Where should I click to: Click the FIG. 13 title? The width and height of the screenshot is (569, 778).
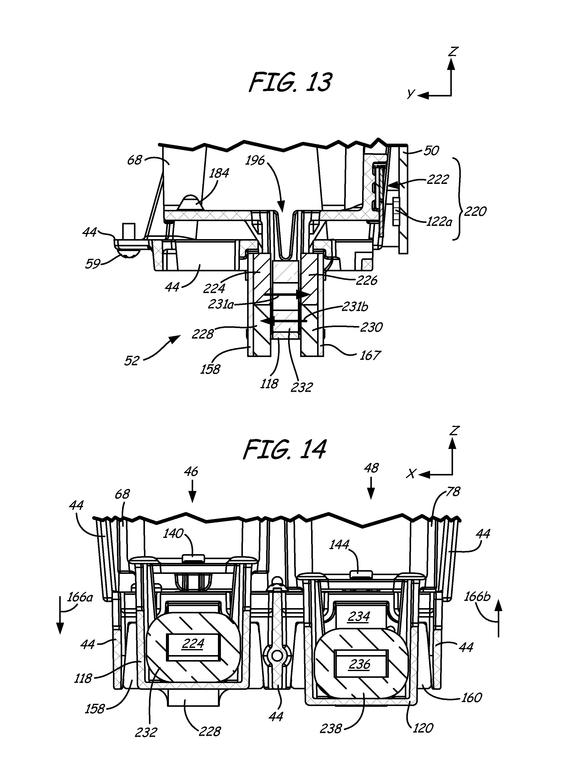290,83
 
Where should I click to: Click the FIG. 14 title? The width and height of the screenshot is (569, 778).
284,450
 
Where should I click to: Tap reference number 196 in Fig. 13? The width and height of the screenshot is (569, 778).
255,160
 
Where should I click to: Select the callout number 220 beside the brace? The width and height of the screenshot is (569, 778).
475,211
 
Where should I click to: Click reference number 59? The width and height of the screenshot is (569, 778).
92,264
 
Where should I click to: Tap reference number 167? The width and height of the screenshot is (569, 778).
370,356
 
